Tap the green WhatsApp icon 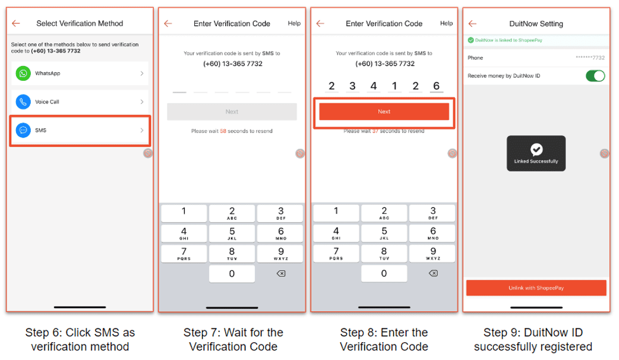pyautogui.click(x=23, y=74)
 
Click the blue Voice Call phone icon pyautogui.click(x=23, y=102)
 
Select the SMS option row pyautogui.click(x=80, y=130)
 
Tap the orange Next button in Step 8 pyautogui.click(x=384, y=112)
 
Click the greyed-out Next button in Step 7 pyautogui.click(x=232, y=112)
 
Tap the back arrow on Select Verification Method pyautogui.click(x=16, y=23)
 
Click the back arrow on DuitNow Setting pyautogui.click(x=472, y=24)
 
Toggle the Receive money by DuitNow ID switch pyautogui.click(x=595, y=76)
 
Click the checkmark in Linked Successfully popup pyautogui.click(x=536, y=150)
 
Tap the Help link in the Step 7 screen pyautogui.click(x=294, y=24)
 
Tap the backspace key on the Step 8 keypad pyautogui.click(x=433, y=273)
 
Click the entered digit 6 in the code pyautogui.click(x=436, y=86)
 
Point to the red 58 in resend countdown pyautogui.click(x=223, y=131)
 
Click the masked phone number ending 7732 pyautogui.click(x=590, y=58)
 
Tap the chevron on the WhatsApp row pyautogui.click(x=141, y=74)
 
